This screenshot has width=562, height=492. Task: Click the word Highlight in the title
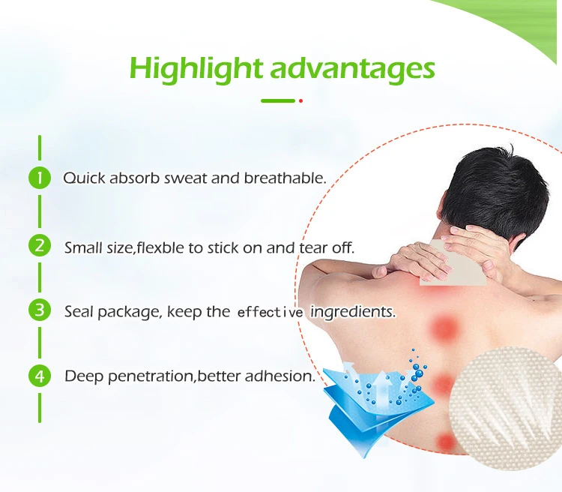196,70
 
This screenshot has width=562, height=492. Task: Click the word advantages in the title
353,69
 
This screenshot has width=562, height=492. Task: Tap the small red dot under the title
300,100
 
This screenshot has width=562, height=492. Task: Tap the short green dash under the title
278,100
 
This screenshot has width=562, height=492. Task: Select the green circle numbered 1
40,178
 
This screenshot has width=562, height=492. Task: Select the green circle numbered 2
40,246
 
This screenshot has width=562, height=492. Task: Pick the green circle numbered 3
40,310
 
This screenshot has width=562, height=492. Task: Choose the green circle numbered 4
40,376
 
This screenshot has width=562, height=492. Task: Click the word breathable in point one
285,178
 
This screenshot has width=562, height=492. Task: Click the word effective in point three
271,313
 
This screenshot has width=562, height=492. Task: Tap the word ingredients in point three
353,312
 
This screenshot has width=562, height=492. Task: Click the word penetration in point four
150,376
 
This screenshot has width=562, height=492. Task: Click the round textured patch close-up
505,403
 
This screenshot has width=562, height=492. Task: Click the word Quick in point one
84,178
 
